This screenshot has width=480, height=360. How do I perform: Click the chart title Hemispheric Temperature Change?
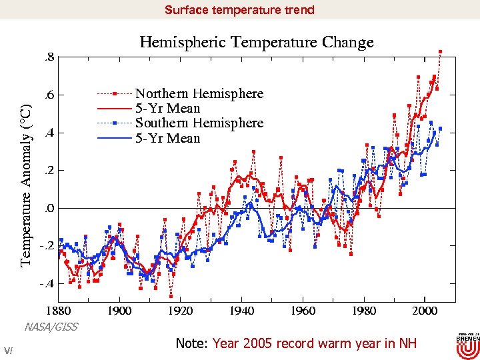coord(257,43)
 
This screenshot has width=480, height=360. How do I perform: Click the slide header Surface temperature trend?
coord(239,10)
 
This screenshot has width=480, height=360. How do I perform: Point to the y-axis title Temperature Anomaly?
coord(25,185)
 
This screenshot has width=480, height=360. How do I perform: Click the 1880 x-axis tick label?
coord(59,311)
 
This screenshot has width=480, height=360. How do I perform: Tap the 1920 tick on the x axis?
coord(181,311)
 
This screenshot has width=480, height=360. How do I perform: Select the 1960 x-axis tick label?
coord(303,311)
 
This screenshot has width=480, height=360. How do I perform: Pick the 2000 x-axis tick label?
coord(425,311)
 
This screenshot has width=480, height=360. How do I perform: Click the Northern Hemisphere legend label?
coord(199,93)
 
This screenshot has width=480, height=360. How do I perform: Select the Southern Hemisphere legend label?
coord(199,123)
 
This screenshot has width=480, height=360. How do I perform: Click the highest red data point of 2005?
coord(440,51)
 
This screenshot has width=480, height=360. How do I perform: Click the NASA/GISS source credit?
coord(51,327)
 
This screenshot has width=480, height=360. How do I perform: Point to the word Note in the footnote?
coord(191,343)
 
